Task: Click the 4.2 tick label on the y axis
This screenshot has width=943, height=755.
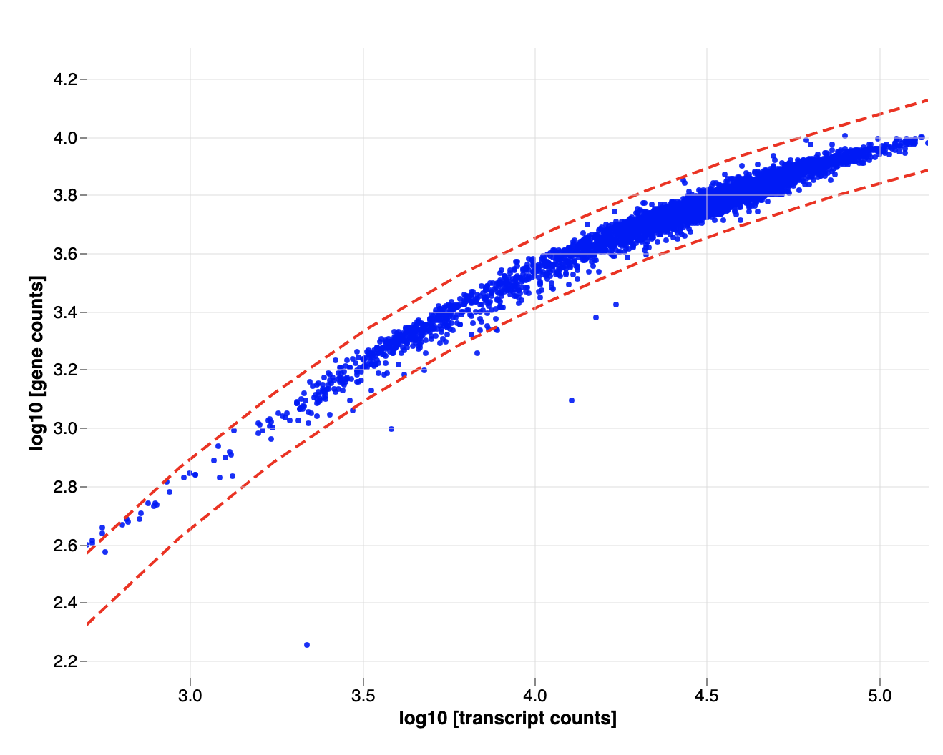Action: [x=65, y=79]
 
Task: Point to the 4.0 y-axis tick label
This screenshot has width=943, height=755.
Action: [x=65, y=137]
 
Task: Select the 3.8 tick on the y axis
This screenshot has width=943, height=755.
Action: [x=65, y=195]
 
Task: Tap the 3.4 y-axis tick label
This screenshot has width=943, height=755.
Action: [x=65, y=312]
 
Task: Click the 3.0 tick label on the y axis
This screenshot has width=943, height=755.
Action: [x=65, y=428]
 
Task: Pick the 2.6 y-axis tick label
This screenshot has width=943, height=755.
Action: [x=65, y=545]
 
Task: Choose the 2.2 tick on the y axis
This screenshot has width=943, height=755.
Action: [x=65, y=661]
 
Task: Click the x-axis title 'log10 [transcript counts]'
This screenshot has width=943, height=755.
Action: [x=507, y=718]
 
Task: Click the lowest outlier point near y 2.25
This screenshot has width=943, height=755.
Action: [x=307, y=645]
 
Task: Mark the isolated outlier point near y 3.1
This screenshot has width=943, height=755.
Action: [x=572, y=400]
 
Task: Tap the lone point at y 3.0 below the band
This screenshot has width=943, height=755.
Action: [x=391, y=429]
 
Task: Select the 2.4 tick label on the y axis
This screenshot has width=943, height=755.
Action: [x=65, y=603]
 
